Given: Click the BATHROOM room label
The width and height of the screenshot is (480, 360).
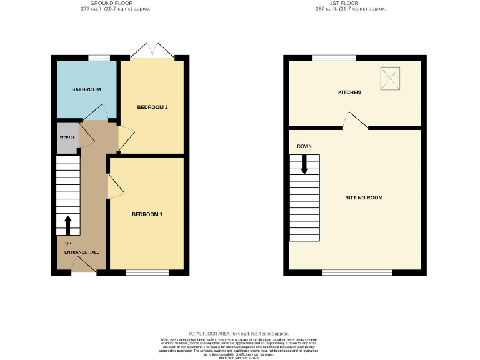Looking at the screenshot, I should (86, 89).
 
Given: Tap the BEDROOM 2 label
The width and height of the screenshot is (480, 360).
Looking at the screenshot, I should (152, 107).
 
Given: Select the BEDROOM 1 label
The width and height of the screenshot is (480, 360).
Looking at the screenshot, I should (147, 214).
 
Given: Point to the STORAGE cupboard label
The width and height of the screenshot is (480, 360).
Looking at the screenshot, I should (67, 137).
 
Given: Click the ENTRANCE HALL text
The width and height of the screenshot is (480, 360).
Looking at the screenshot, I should (81, 252).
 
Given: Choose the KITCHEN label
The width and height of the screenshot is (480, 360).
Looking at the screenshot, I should (349, 92).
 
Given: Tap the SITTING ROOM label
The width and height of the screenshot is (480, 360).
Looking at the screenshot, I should (364, 197).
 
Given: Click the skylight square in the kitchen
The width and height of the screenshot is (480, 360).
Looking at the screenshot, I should (390, 79).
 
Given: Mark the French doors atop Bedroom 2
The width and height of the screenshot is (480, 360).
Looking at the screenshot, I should (152, 52).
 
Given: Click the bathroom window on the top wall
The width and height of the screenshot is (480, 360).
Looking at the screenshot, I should (99, 57).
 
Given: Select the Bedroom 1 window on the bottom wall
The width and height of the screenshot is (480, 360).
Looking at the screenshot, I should (147, 272).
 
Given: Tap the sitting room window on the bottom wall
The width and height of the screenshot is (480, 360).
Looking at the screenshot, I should (357, 272).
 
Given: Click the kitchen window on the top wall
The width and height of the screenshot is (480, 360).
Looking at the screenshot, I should (334, 57).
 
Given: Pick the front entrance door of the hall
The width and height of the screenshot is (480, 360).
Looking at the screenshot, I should (84, 269).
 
